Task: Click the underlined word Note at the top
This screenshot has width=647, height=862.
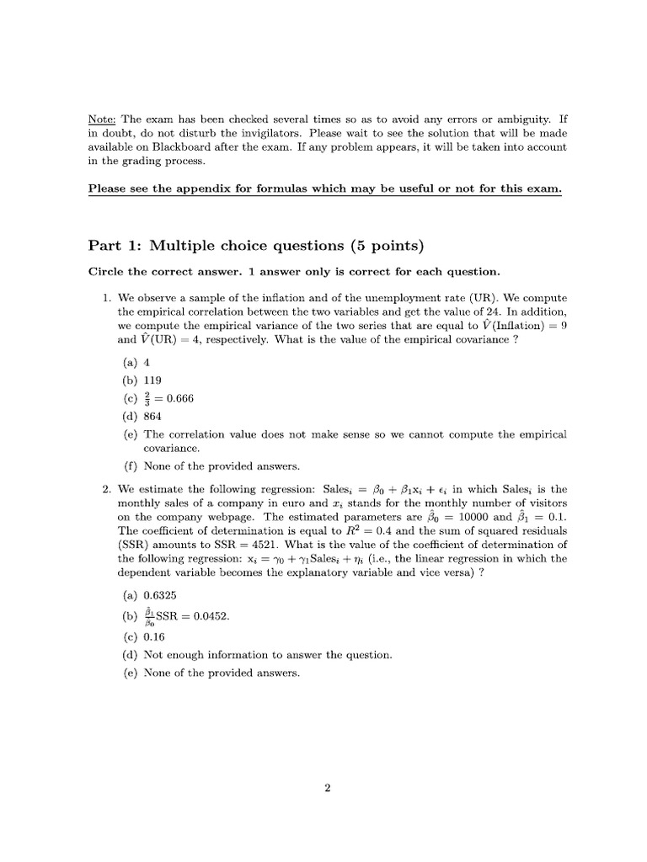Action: tap(100, 120)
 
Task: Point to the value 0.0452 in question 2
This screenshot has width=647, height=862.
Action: tap(211, 615)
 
